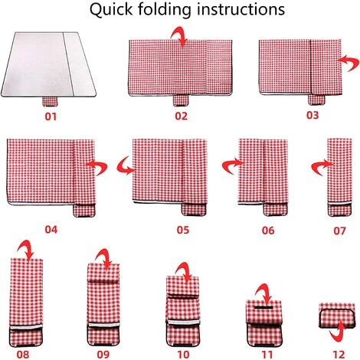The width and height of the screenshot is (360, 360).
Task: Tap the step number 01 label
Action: [x=51, y=118]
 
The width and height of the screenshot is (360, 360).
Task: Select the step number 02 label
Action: [x=181, y=116]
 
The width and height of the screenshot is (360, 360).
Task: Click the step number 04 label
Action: [x=51, y=229]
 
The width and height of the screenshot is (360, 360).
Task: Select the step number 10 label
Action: [x=183, y=354]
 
